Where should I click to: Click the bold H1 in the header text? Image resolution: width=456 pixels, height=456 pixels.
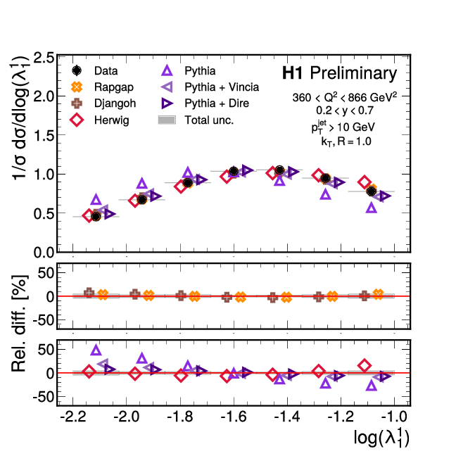click(x=293, y=73)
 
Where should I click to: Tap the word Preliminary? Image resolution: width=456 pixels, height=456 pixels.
click(x=353, y=73)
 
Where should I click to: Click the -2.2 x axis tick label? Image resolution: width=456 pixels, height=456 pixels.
click(x=73, y=416)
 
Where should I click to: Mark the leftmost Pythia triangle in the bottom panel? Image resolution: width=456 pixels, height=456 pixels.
click(x=96, y=350)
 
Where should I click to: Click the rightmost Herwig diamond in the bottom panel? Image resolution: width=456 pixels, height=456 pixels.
click(x=365, y=365)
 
